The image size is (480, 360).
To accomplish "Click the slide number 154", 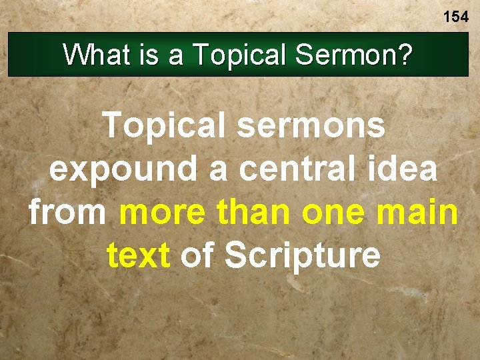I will click(456, 17).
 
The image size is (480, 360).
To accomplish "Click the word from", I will click(67, 213).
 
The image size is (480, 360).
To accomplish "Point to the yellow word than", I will click(255, 213).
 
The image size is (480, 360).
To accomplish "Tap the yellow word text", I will click(138, 257).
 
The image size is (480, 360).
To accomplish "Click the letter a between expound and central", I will click(217, 170).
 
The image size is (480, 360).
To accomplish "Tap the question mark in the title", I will click(403, 55).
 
